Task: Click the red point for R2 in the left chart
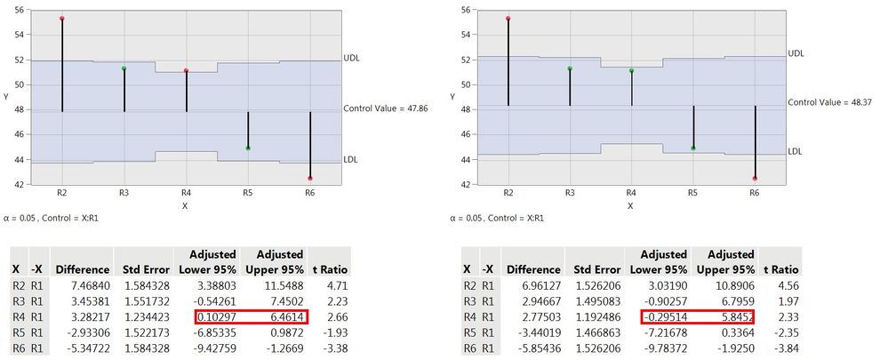62,19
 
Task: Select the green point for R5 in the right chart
692,148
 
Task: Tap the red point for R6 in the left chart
309,179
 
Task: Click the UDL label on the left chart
352,58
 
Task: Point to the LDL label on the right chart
796,151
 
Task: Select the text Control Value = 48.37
831,102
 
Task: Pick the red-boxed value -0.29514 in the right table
665,316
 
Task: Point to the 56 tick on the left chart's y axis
20,10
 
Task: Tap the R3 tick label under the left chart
124,192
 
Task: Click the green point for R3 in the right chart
569,68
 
